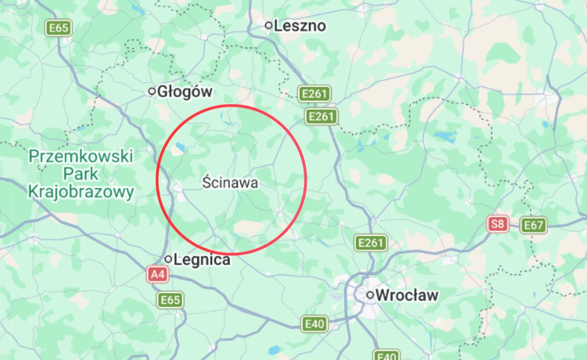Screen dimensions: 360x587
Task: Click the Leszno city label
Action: pos(300,26)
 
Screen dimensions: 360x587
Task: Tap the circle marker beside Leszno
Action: pos(269,25)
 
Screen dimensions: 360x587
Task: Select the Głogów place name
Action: pos(185,91)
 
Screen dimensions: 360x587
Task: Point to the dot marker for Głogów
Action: pos(152,91)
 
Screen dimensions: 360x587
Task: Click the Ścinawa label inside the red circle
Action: pos(231,182)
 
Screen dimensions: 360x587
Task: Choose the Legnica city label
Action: pos(202,260)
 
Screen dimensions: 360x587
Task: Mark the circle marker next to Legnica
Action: pos(168,259)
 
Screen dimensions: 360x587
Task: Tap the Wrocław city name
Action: pos(408,295)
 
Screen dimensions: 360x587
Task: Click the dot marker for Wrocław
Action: pos(371,295)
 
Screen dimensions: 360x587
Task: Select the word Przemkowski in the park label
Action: pos(81,156)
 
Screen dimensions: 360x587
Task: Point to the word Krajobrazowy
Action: pos(81,192)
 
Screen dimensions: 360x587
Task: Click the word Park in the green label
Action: pos(81,174)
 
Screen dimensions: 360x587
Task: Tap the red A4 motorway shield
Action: pos(158,274)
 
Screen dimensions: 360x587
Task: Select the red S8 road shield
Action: pos(498,224)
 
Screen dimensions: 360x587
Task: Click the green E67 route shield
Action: pos(534,225)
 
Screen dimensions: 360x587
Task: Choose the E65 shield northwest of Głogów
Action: pos(59,28)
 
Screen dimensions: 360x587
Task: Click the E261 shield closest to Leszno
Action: pos(314,94)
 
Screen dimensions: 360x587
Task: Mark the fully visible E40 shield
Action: pos(315,324)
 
